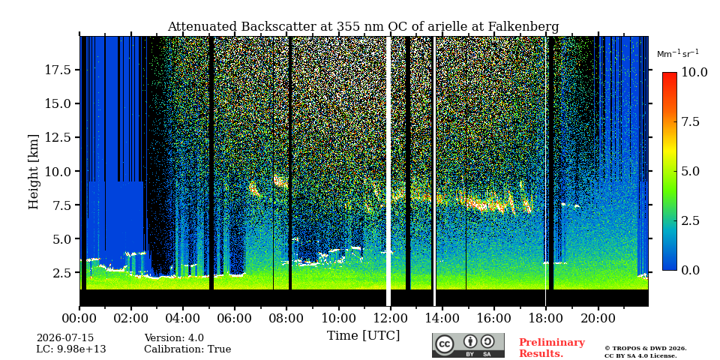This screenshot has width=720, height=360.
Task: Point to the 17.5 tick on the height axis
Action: [x=58, y=70]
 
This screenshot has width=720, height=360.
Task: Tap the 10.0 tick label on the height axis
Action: [x=58, y=171]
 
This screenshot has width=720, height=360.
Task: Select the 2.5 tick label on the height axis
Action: [x=62, y=273]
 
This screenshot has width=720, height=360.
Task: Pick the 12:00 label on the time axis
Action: [x=390, y=318]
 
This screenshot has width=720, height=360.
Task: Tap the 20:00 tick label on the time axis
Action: [x=598, y=318]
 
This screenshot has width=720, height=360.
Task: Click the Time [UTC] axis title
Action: [x=363, y=336]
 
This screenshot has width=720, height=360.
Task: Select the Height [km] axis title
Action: [x=34, y=172]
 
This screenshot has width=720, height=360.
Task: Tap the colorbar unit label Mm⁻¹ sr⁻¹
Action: [x=678, y=54]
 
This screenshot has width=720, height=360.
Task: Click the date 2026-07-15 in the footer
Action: [x=65, y=338]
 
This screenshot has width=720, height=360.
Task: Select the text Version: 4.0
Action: [x=174, y=338]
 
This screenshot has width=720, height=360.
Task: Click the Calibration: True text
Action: [x=187, y=349]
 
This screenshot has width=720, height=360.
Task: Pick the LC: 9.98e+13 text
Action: [x=71, y=349]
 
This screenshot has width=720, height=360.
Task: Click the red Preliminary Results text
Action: [x=552, y=348]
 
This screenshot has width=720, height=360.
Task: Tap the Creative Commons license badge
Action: [x=468, y=345]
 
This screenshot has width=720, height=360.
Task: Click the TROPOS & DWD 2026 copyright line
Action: [x=646, y=349]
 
